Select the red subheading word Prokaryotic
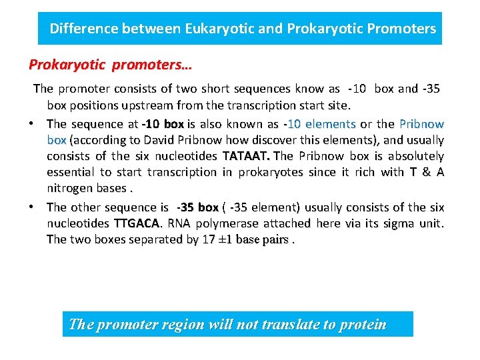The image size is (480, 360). coord(67,65)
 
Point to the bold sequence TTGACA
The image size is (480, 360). coord(138,223)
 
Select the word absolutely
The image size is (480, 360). coord(407,156)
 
